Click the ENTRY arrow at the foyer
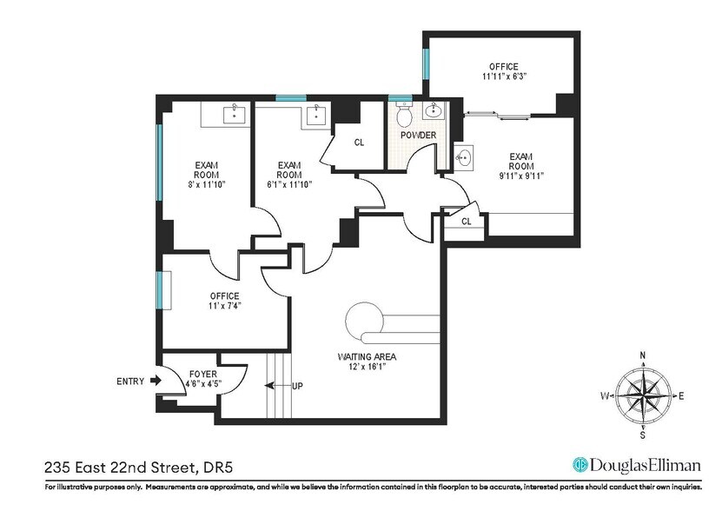click(x=155, y=380)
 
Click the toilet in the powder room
click(x=402, y=116)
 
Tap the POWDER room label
click(x=417, y=136)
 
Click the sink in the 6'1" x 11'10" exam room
click(x=318, y=114)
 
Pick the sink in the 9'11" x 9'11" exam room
click(x=466, y=158)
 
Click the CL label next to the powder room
click(x=359, y=143)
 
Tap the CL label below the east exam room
click(x=466, y=222)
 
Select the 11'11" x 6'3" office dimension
click(x=503, y=76)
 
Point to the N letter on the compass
click(x=642, y=355)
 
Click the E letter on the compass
click(x=681, y=396)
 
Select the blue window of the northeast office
click(x=425, y=63)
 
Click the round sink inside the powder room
click(x=434, y=110)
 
